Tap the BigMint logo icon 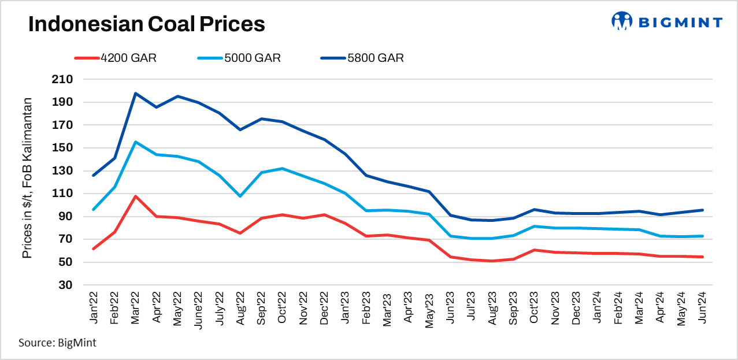tap(622, 21)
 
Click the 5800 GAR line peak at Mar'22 tap(135, 93)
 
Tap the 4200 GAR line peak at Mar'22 tap(135, 196)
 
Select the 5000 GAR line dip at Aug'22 tap(239, 196)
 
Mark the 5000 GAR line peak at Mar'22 tap(135, 142)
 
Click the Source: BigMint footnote tap(57, 343)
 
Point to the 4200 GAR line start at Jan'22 tap(94, 248)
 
